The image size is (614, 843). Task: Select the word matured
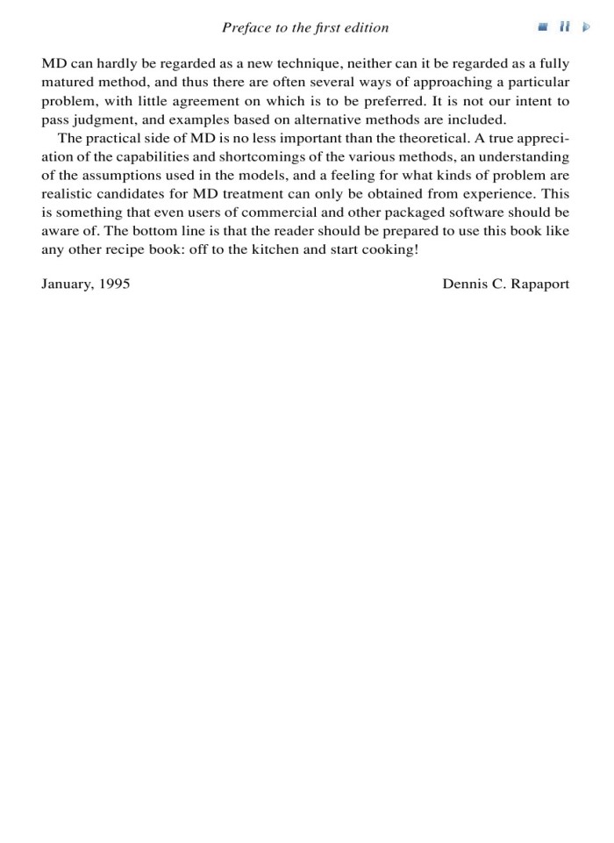click(68, 83)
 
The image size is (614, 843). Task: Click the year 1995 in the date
click(114, 285)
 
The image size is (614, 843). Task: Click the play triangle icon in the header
click(587, 28)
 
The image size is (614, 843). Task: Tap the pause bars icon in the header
click(566, 28)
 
